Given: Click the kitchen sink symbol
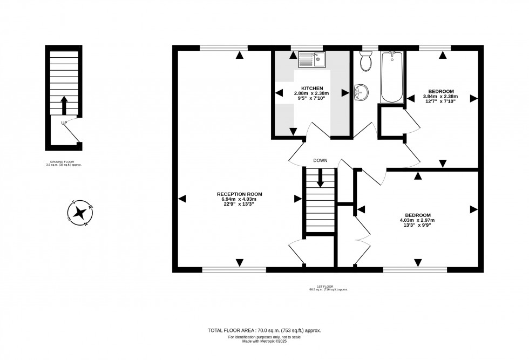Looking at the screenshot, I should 312,59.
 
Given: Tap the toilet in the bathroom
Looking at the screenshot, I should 365,62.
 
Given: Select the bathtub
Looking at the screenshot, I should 392,77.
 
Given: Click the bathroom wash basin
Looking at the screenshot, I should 361,93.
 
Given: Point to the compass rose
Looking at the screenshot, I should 80,212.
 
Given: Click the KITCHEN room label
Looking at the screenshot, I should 312,88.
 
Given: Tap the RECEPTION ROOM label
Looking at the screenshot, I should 239,194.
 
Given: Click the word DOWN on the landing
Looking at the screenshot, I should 321,160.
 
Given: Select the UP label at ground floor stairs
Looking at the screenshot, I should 64,123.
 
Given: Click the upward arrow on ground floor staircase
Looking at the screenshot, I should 64,105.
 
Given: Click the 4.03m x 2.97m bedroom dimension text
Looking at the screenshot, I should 417,220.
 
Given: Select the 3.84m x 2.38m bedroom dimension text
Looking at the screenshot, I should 440,97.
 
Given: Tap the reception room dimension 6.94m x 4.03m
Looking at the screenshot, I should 239,199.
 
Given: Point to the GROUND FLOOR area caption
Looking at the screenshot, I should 64,163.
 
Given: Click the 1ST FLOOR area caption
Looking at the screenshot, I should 328,288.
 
